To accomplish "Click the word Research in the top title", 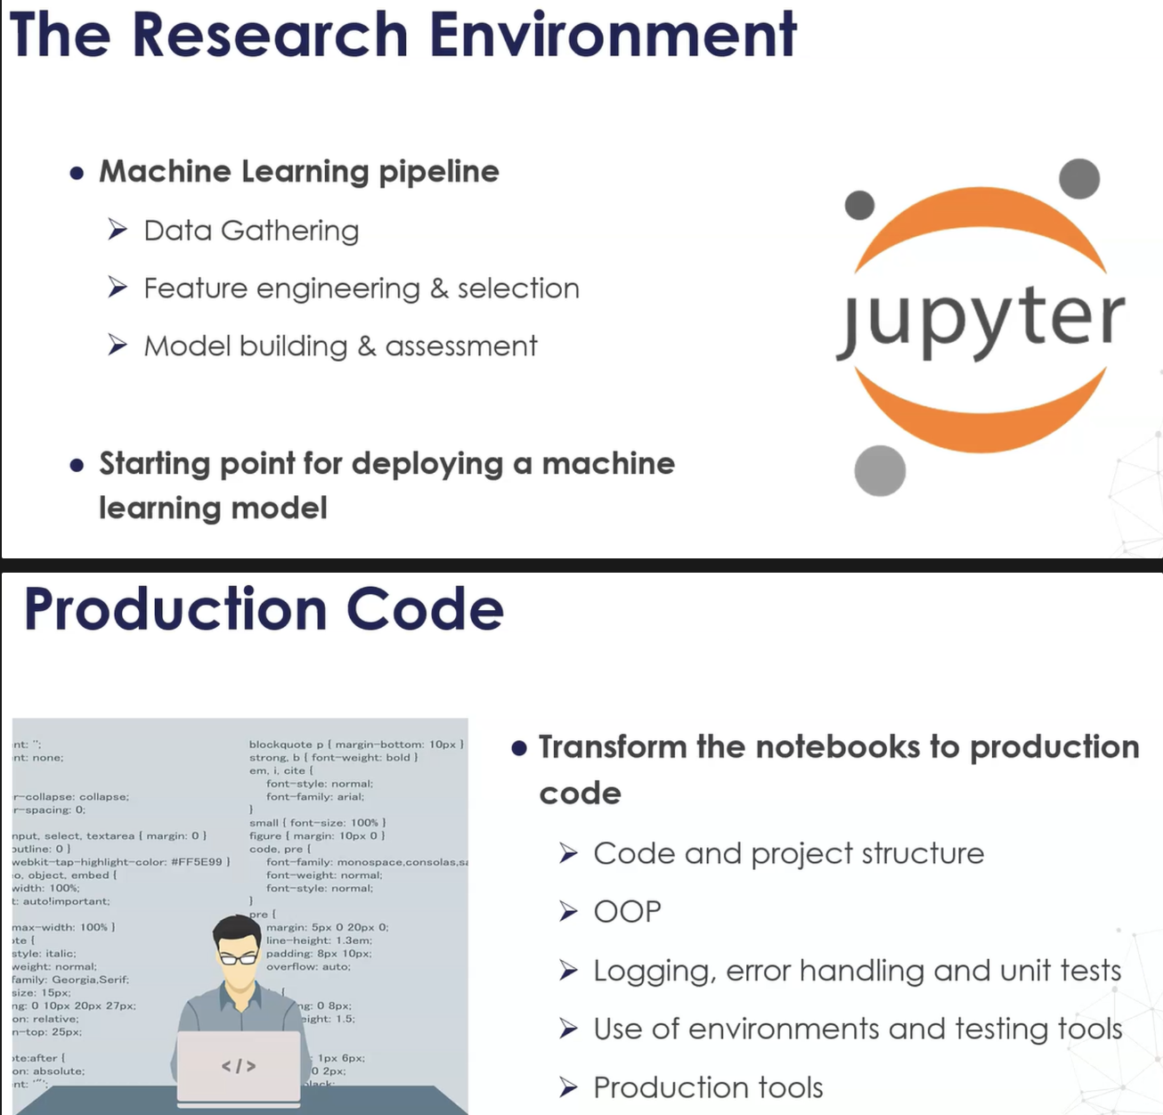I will (x=271, y=36).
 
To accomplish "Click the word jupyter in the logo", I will (x=980, y=320).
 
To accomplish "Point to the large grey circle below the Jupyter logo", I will (x=880, y=470).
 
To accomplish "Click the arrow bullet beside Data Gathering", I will (x=118, y=230).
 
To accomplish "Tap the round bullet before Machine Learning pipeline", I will (x=77, y=173).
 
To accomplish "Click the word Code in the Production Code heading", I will (x=425, y=610).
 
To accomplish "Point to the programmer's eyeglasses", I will (x=238, y=958).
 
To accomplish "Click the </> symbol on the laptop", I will (x=239, y=1066).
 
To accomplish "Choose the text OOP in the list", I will (x=627, y=912).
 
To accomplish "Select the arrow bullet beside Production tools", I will (x=568, y=1087).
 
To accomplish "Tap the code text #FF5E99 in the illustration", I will (x=195, y=862).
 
